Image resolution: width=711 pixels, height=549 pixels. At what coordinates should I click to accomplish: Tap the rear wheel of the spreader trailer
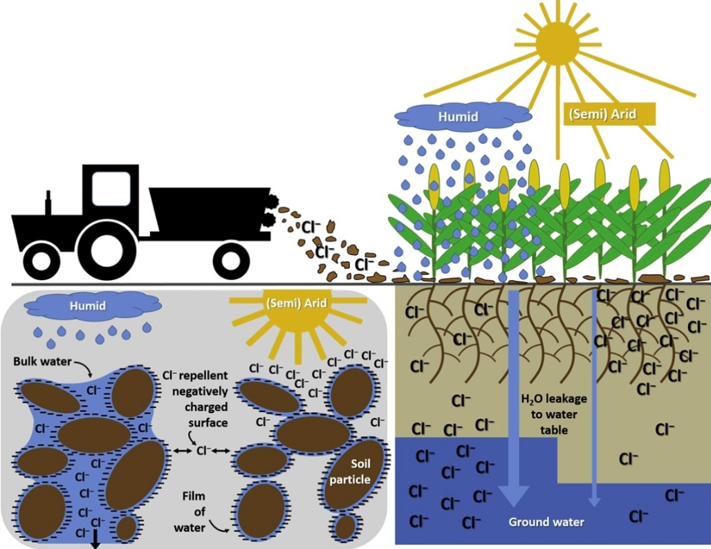231,261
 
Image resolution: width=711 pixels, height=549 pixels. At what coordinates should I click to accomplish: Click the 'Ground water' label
546,522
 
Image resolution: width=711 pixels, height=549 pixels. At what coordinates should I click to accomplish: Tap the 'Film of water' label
194,512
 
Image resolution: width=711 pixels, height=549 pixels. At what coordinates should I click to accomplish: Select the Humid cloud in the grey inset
87,304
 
